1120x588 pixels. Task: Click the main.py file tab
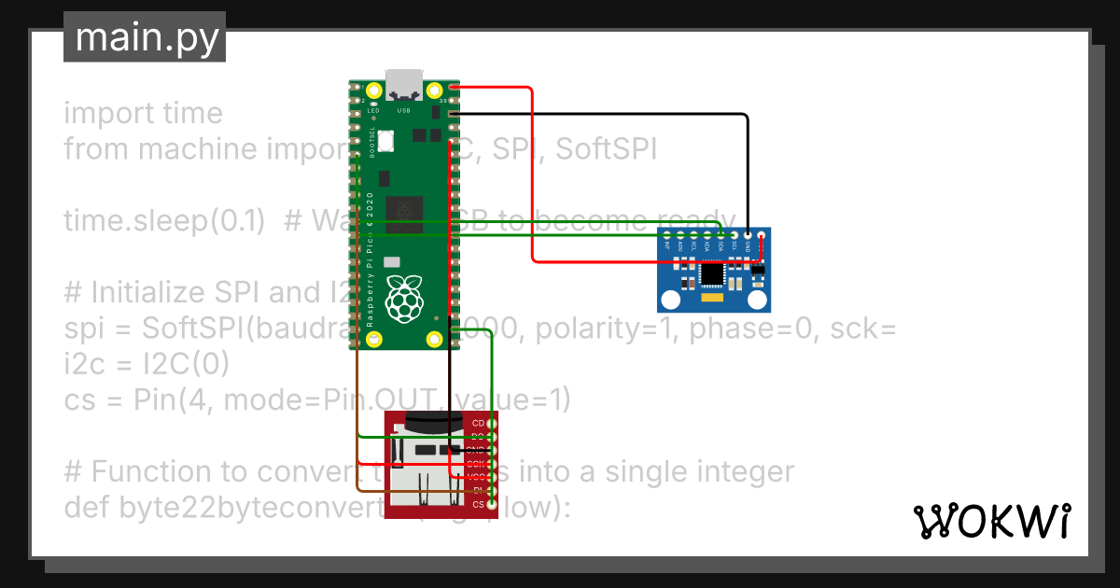click(x=145, y=37)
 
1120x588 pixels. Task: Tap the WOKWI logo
click(x=991, y=522)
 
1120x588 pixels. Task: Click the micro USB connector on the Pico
click(x=404, y=84)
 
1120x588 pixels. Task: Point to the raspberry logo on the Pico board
click(x=404, y=297)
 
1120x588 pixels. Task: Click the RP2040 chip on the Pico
click(x=404, y=213)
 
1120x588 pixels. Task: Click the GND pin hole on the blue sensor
click(x=747, y=234)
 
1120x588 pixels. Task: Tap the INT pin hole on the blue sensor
click(x=668, y=234)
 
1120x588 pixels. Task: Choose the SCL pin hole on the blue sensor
click(x=734, y=234)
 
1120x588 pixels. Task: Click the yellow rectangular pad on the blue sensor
click(x=713, y=299)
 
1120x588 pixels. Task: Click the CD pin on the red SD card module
click(x=492, y=423)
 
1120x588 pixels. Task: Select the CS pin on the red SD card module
click(x=492, y=505)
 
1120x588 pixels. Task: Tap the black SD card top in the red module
click(x=429, y=422)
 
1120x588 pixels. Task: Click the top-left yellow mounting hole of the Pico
click(x=374, y=91)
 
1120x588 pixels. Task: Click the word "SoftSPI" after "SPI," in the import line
click(x=607, y=149)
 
